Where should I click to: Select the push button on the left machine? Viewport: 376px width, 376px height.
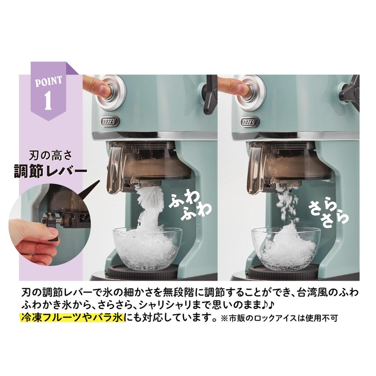coord(111,90)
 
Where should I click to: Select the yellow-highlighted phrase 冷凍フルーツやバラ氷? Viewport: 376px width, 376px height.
coord(72,317)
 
